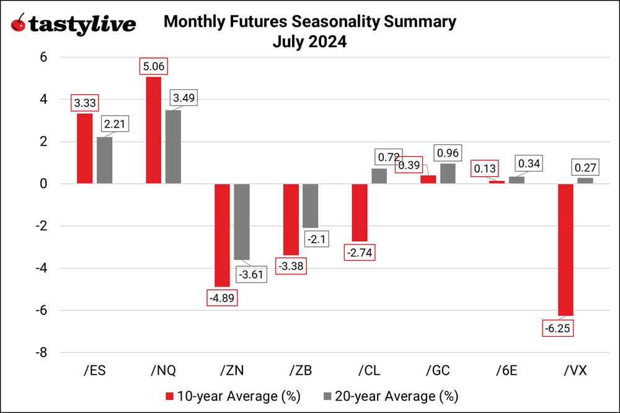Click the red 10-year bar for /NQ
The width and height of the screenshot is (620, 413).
pyautogui.click(x=154, y=130)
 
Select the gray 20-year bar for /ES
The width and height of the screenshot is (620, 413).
pyautogui.click(x=105, y=160)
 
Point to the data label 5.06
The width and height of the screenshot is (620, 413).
pyautogui.click(x=154, y=66)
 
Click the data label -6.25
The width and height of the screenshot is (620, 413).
pyautogui.click(x=556, y=328)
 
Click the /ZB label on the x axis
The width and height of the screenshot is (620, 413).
pyautogui.click(x=300, y=370)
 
